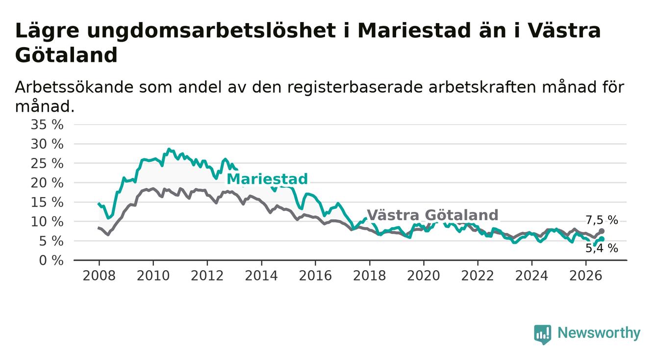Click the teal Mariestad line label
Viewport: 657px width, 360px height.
(x=267, y=179)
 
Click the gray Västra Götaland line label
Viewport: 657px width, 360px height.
(x=432, y=215)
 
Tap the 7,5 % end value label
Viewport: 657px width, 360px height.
(x=602, y=220)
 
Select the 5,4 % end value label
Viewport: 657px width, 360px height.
(x=602, y=249)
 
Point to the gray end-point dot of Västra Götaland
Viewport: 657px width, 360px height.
(x=602, y=231)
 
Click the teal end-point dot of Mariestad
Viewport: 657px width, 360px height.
(x=602, y=239)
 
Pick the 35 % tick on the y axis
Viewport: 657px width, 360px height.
(x=47, y=125)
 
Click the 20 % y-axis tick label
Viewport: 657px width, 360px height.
(x=47, y=183)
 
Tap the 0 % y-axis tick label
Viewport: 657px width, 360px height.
(x=51, y=260)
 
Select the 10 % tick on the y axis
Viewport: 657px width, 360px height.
(x=47, y=222)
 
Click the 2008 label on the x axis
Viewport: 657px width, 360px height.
(x=99, y=276)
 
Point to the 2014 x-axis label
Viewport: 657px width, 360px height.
(x=261, y=276)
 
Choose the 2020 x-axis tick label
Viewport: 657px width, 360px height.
(x=424, y=276)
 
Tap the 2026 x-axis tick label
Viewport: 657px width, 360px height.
(x=586, y=276)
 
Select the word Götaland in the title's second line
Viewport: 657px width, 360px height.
(x=66, y=55)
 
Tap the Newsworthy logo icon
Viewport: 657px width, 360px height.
(x=543, y=334)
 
